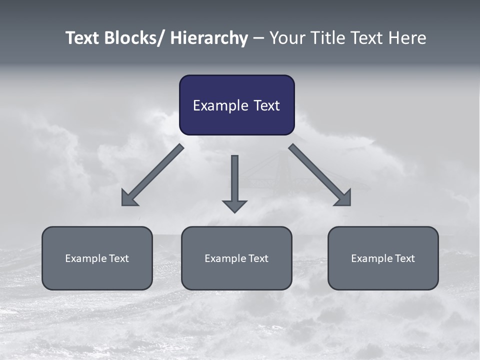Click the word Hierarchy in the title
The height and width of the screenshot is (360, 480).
(209, 38)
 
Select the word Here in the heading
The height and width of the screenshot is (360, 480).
(407, 38)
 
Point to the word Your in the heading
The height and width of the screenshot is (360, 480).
(286, 38)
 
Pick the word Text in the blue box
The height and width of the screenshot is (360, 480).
(266, 106)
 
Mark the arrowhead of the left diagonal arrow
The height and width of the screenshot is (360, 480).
(129, 198)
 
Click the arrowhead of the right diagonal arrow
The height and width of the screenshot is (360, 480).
(343, 198)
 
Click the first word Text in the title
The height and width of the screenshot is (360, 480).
(83, 38)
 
